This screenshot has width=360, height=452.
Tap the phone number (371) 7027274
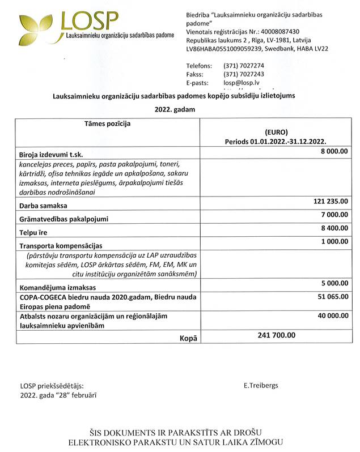click(244, 66)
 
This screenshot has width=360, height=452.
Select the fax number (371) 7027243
click(244, 74)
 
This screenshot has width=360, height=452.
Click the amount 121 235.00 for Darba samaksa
click(331, 201)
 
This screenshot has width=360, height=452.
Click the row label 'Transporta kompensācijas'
click(61, 246)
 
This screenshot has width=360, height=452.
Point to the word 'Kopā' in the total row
click(188, 338)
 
